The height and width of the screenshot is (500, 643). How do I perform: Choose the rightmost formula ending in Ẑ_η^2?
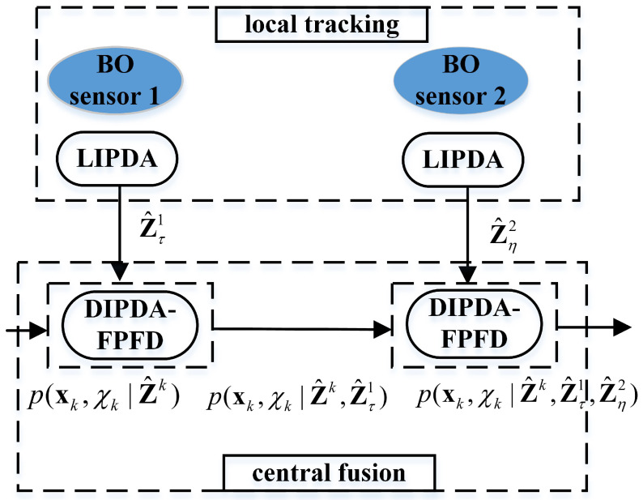click(526, 396)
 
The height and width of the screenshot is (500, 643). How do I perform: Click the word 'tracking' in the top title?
click(358, 24)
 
